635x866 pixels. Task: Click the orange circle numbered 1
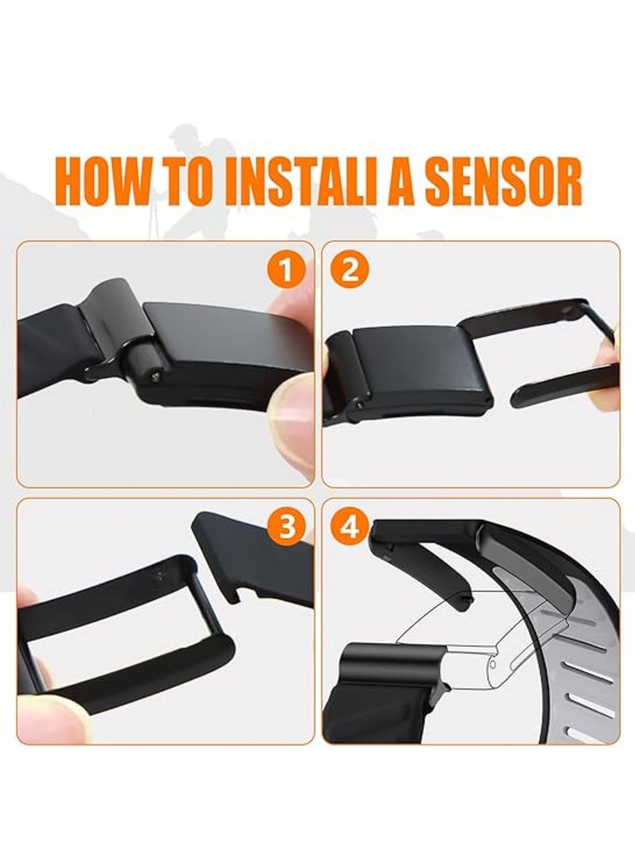pyautogui.click(x=286, y=271)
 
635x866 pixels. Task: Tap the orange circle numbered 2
pyautogui.click(x=349, y=271)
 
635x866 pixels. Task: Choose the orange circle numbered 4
pyautogui.click(x=349, y=527)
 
